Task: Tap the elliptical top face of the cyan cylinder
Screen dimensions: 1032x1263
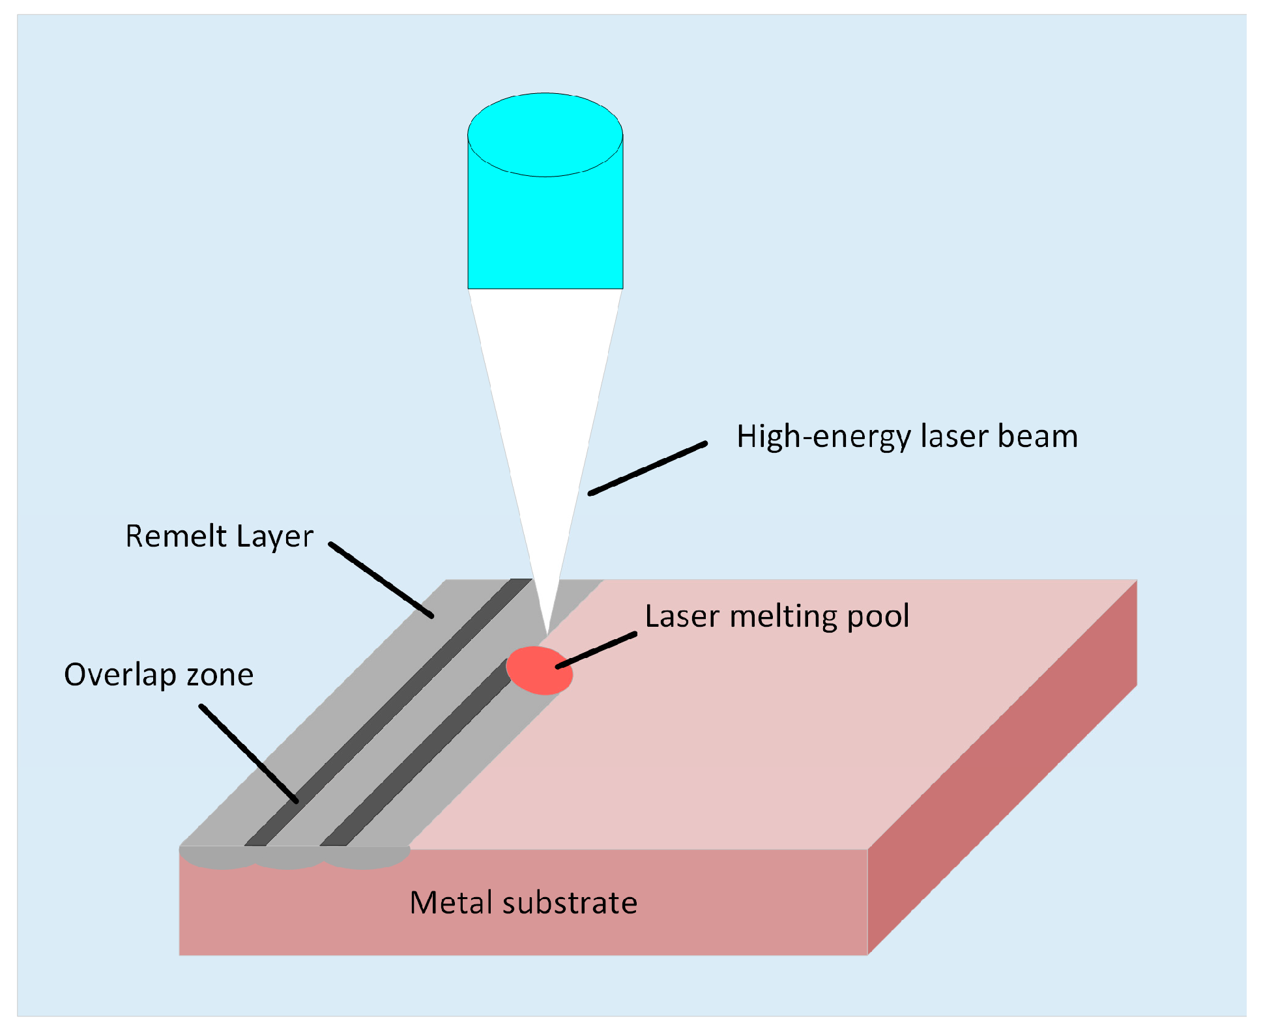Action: [x=545, y=134]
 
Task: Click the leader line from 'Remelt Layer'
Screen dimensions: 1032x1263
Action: [x=381, y=580]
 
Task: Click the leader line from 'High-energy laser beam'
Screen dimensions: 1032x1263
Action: [x=648, y=468]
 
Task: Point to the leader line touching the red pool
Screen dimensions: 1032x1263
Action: [x=596, y=650]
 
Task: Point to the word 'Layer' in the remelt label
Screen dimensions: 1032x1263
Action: [x=274, y=537]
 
